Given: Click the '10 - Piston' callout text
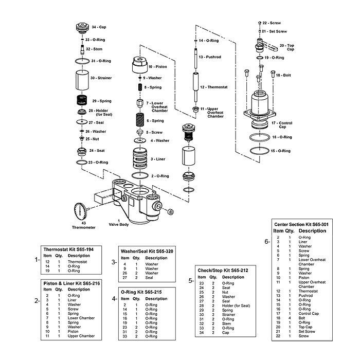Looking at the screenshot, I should point(158,67).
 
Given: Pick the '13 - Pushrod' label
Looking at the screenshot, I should point(210,57).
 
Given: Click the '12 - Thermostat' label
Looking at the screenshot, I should point(215,87).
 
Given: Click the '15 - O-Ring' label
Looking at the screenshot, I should point(281,151).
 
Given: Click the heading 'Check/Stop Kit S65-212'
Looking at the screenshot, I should point(223,269).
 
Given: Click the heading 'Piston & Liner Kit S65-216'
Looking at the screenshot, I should point(73,282).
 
